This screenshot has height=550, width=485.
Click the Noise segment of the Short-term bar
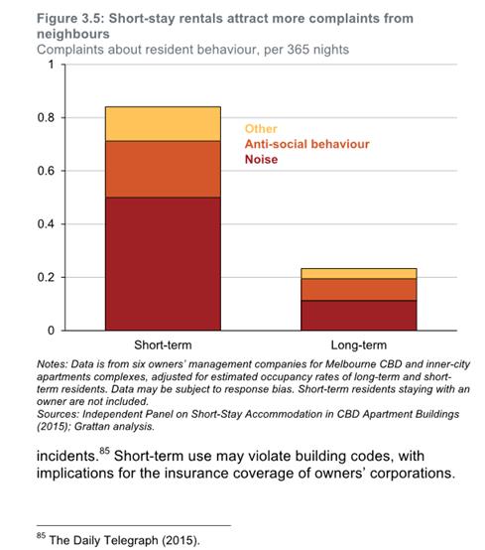click(x=163, y=264)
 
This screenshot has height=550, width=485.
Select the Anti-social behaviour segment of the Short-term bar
click(x=163, y=169)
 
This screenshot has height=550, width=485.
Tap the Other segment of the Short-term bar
click(x=163, y=124)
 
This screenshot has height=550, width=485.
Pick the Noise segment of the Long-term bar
click(x=359, y=316)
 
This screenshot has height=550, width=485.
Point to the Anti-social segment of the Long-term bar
click(x=359, y=289)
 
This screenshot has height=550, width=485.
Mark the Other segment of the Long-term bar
click(x=359, y=274)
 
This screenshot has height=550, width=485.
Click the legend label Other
click(x=261, y=129)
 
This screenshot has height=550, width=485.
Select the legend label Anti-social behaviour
click(x=307, y=144)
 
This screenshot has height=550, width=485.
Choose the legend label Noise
click(x=262, y=160)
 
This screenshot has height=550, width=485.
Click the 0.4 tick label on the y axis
click(x=46, y=224)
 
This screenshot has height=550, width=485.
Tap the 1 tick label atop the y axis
click(x=52, y=65)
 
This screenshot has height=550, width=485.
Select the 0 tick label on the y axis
click(x=52, y=331)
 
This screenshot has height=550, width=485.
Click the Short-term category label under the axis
click(x=163, y=345)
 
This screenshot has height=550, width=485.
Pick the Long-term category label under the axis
click(x=359, y=345)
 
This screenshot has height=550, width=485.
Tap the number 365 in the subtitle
click(x=298, y=50)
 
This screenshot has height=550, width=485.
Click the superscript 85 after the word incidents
click(x=104, y=451)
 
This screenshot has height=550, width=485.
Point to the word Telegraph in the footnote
click(x=130, y=540)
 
